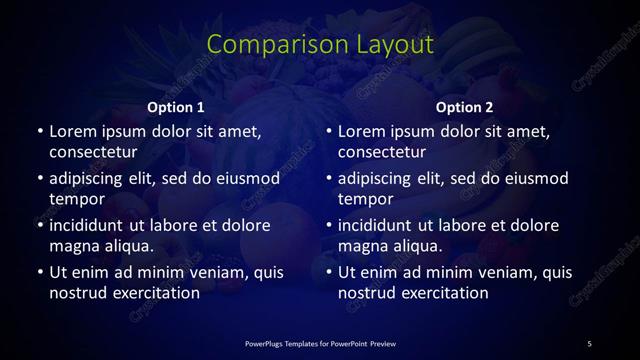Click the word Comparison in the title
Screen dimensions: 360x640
coord(267,45)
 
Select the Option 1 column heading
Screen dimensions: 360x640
coord(176,107)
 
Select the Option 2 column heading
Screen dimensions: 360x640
coord(465,107)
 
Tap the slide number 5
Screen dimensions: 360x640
coord(589,344)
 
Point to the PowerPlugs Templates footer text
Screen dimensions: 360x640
coord(320,344)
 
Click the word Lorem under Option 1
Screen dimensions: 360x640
coord(73,131)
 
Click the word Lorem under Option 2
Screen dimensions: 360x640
coord(362,131)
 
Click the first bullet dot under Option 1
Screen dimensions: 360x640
coord(39,131)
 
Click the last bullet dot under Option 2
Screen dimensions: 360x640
coord(328,272)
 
